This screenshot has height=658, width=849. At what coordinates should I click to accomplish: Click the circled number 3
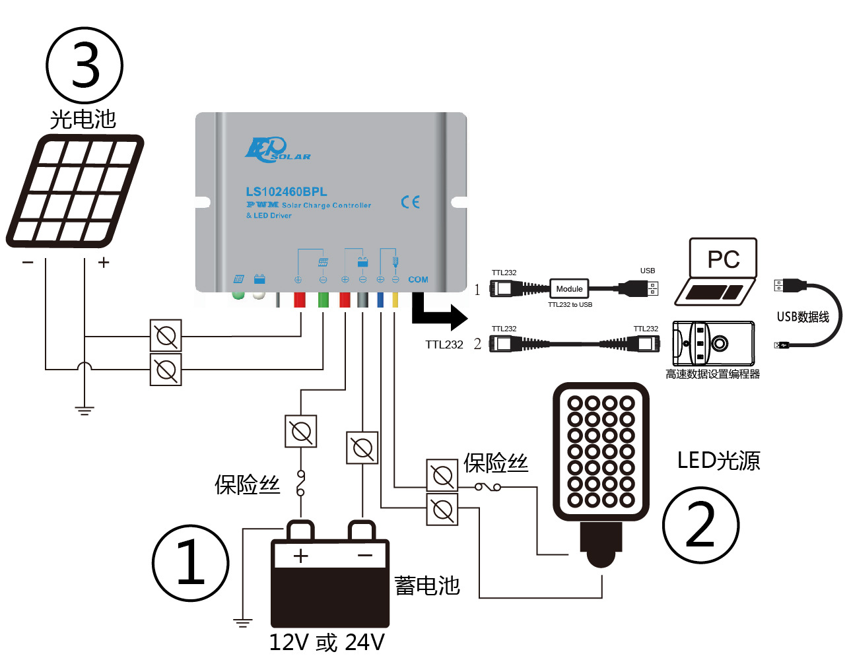(x=85, y=65)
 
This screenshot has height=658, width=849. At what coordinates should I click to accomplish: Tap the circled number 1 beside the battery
(x=190, y=563)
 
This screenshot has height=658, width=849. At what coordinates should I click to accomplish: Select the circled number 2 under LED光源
(x=700, y=525)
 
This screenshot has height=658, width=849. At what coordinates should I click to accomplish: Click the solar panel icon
(x=75, y=191)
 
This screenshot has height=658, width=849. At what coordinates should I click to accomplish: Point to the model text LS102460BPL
(x=287, y=191)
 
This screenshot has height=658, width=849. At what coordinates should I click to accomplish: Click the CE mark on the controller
(x=410, y=202)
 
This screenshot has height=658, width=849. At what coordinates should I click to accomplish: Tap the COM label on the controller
(x=418, y=280)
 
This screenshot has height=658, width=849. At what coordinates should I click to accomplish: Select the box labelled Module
(x=569, y=288)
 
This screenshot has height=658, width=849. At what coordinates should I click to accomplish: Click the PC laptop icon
(x=718, y=271)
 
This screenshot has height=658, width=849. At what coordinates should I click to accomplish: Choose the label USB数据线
(x=803, y=317)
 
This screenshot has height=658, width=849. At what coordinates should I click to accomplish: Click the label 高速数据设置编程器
(x=712, y=374)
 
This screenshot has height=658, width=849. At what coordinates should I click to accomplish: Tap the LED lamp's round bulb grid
(x=601, y=451)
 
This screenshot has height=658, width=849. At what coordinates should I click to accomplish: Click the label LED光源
(x=718, y=460)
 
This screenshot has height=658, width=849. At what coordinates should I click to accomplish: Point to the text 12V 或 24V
(x=327, y=642)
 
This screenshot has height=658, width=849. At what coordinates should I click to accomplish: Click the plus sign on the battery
(x=301, y=556)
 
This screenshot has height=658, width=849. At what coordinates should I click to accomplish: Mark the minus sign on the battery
(x=365, y=556)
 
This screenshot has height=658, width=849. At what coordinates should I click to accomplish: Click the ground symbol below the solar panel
(x=85, y=410)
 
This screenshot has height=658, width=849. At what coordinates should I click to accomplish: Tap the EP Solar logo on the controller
(x=276, y=150)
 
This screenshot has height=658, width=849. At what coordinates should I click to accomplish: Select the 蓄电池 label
(x=427, y=585)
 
